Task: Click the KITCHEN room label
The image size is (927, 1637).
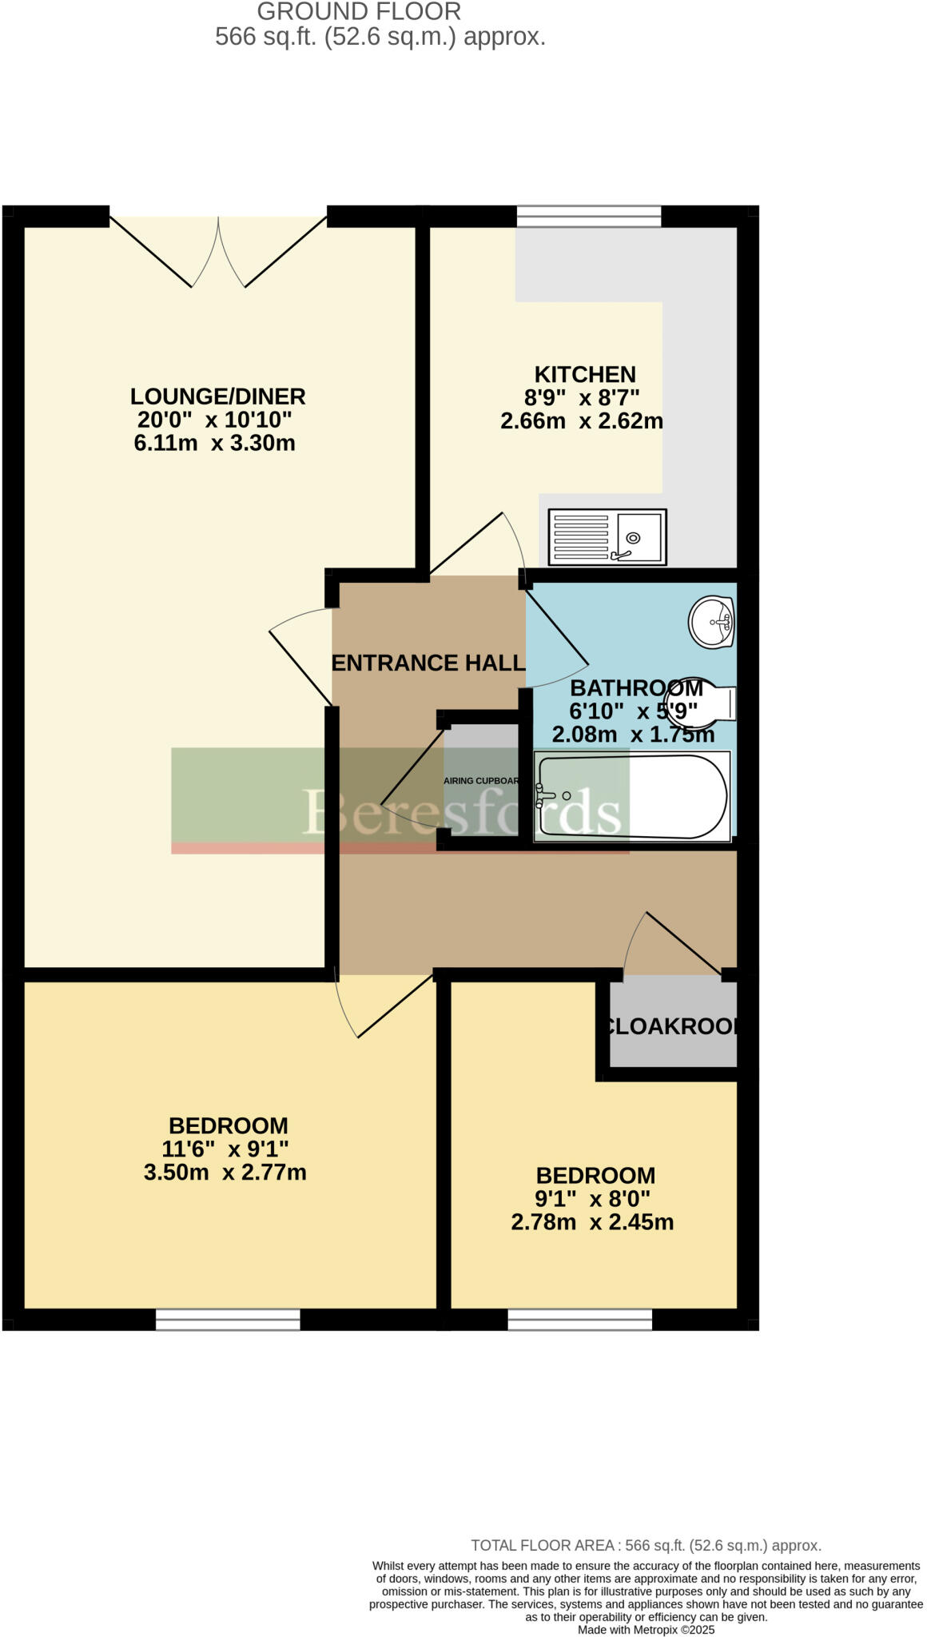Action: (x=585, y=374)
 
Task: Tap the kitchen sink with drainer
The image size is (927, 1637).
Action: (x=607, y=537)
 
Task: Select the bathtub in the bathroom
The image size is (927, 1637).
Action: (x=632, y=795)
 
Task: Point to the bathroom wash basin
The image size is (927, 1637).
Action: (x=711, y=622)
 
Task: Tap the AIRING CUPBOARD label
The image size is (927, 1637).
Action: (x=482, y=781)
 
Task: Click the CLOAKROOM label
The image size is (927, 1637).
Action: (x=671, y=1026)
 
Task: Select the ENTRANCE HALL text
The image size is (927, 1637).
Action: (x=428, y=663)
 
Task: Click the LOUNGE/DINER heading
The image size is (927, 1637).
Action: (x=217, y=396)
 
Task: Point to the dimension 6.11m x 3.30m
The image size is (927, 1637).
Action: (x=214, y=443)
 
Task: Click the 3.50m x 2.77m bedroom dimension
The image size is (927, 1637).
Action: (x=225, y=1173)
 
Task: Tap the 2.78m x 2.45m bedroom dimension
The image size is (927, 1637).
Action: (x=592, y=1222)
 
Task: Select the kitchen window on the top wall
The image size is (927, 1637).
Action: (x=589, y=217)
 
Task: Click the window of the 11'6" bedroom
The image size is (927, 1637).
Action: (x=228, y=1319)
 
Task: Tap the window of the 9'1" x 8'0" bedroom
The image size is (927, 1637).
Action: (x=580, y=1319)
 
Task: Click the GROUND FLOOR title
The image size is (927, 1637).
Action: (x=359, y=12)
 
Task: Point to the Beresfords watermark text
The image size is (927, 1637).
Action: (x=461, y=811)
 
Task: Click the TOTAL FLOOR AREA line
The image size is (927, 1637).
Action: (x=646, y=1546)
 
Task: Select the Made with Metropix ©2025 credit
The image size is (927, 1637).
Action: (x=646, y=1630)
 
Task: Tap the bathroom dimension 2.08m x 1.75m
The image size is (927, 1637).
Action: (x=633, y=734)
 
